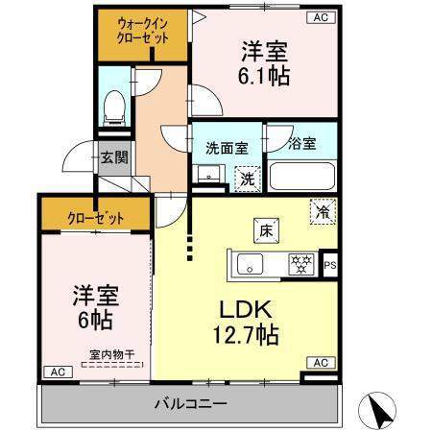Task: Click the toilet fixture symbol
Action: tap(114, 108)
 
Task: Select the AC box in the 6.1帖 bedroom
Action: tap(321, 17)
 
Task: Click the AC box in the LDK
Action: tap(321, 363)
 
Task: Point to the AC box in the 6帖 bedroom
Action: tap(58, 372)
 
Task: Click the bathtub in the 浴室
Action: tap(302, 177)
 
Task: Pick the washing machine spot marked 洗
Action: tap(248, 180)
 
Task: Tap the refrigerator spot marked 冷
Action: tap(323, 211)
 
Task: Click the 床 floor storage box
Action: tap(266, 230)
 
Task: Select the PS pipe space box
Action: tap(330, 265)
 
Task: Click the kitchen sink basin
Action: tap(250, 264)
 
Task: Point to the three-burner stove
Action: tap(301, 264)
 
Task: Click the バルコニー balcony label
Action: tap(191, 403)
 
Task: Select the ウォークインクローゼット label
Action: tap(143, 31)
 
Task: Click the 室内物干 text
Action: tap(112, 354)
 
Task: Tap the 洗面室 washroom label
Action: tap(227, 148)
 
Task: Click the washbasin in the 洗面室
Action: tap(209, 174)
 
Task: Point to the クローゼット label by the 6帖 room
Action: tap(95, 219)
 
